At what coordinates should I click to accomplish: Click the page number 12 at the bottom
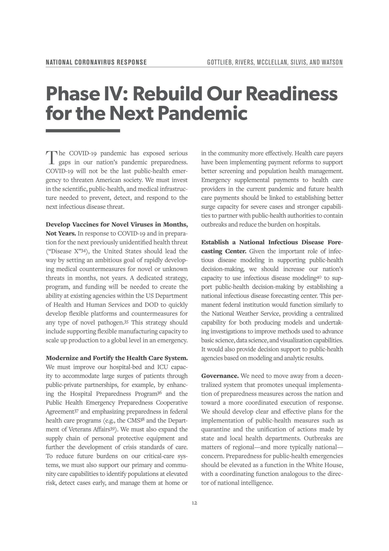[194, 503]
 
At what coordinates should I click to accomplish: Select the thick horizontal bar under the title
[83, 131]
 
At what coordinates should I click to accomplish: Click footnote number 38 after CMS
[143, 420]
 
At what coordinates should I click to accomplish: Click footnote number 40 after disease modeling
[319, 277]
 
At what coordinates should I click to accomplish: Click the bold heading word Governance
[220, 376]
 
